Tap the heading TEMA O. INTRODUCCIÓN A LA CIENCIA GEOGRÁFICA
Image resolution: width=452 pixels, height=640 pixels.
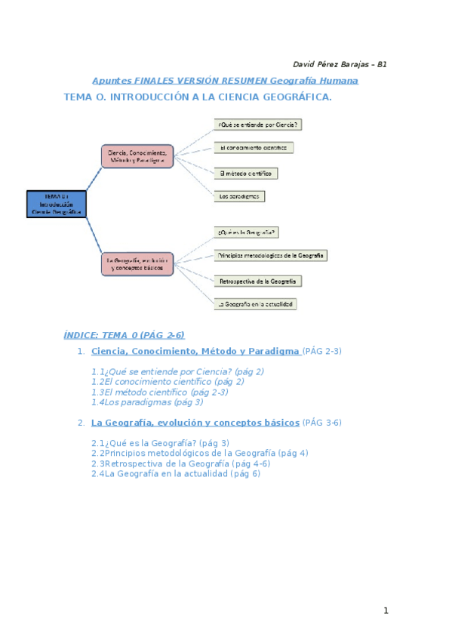(x=198, y=97)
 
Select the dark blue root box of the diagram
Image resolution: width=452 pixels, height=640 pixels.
(x=57, y=204)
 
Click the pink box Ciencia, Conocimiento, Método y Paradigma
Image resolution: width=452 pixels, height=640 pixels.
(x=137, y=156)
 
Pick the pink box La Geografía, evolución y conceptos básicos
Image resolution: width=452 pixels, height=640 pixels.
(x=137, y=263)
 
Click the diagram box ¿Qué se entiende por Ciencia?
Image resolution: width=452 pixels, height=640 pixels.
(x=261, y=125)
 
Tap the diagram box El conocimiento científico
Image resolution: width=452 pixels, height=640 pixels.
(x=253, y=148)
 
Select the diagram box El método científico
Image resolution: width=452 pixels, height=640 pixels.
(x=245, y=173)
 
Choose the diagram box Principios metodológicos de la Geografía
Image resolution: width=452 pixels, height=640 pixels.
(x=270, y=255)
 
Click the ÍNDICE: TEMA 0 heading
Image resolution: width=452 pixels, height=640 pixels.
(x=125, y=335)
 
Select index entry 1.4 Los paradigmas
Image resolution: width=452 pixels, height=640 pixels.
(x=147, y=402)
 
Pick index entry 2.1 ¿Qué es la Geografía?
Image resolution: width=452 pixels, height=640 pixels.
(x=160, y=443)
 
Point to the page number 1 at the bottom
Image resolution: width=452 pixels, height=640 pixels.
(x=385, y=611)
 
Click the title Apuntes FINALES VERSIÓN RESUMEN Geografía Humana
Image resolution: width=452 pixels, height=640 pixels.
(x=225, y=81)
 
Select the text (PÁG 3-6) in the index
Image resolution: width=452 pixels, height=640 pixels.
(x=322, y=423)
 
